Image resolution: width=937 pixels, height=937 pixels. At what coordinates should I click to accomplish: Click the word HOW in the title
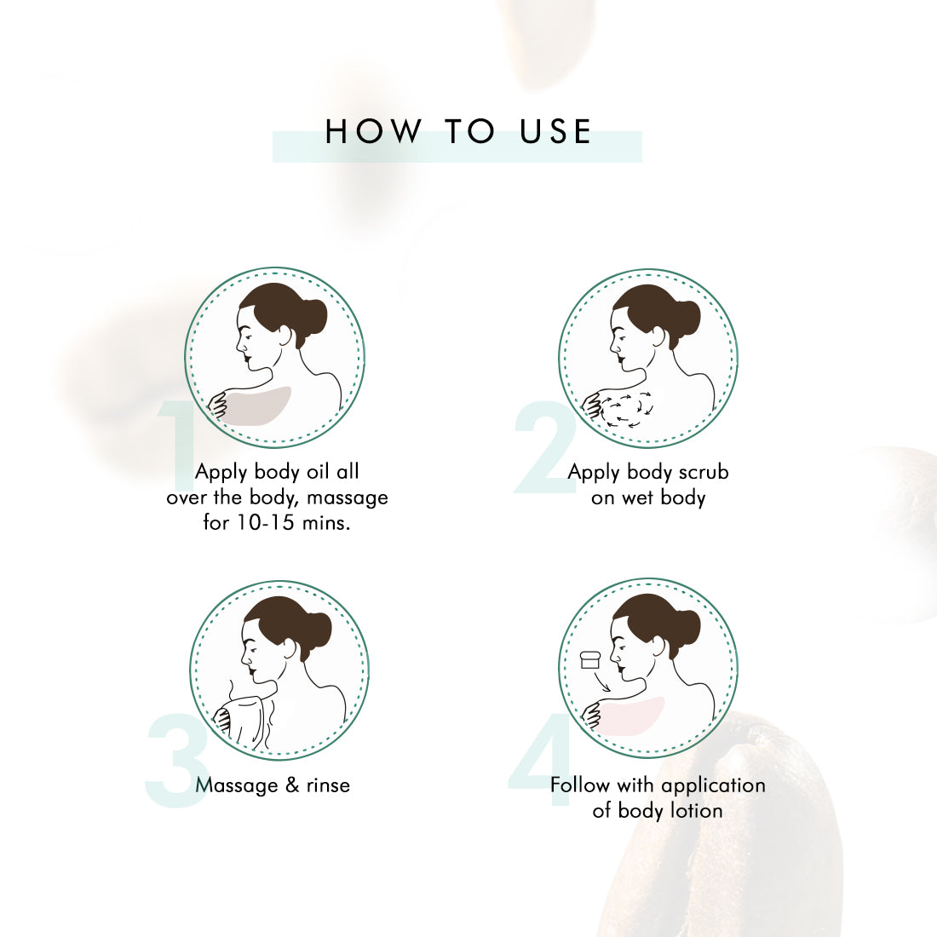pyautogui.click(x=373, y=131)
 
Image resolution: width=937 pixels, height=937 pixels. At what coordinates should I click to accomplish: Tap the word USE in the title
pyautogui.click(x=555, y=131)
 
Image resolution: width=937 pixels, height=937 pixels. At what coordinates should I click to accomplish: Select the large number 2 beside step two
pyautogui.click(x=545, y=447)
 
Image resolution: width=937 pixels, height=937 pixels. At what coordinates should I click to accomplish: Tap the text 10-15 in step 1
pyautogui.click(x=266, y=523)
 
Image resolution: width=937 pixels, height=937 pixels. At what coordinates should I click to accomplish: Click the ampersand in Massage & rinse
pyautogui.click(x=292, y=785)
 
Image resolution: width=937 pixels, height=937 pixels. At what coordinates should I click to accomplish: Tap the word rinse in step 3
pyautogui.click(x=328, y=785)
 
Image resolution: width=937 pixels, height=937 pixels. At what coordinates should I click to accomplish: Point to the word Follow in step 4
pyautogui.click(x=580, y=785)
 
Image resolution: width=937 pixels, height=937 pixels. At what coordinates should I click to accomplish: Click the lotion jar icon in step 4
pyautogui.click(x=590, y=659)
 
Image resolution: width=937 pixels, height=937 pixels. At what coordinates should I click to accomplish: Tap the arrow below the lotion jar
pyautogui.click(x=601, y=681)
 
